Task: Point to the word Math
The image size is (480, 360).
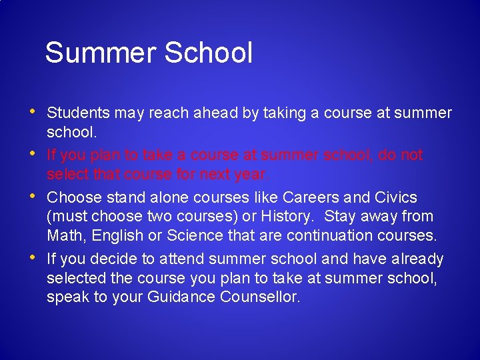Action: [66, 235]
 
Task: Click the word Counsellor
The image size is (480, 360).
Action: [260, 297]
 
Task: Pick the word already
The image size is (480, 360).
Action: [417, 259]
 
